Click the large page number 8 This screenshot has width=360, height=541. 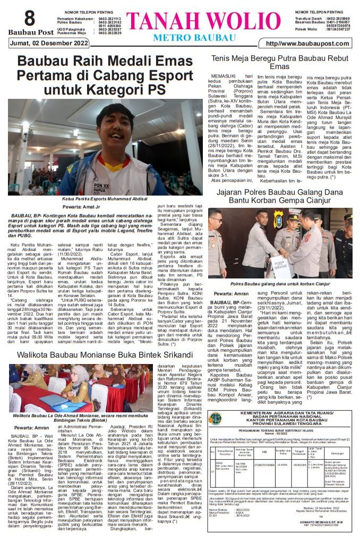(29, 18)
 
